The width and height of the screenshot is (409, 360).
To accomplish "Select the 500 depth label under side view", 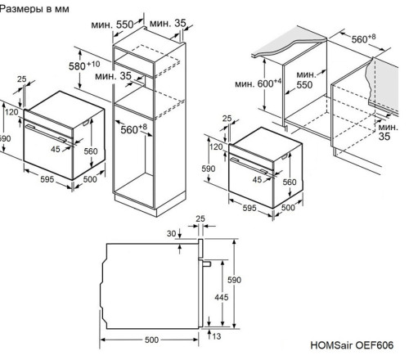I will [147, 339].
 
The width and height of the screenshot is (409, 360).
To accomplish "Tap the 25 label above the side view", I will [200, 219].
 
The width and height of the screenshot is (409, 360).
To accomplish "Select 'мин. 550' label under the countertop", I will [304, 79].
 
